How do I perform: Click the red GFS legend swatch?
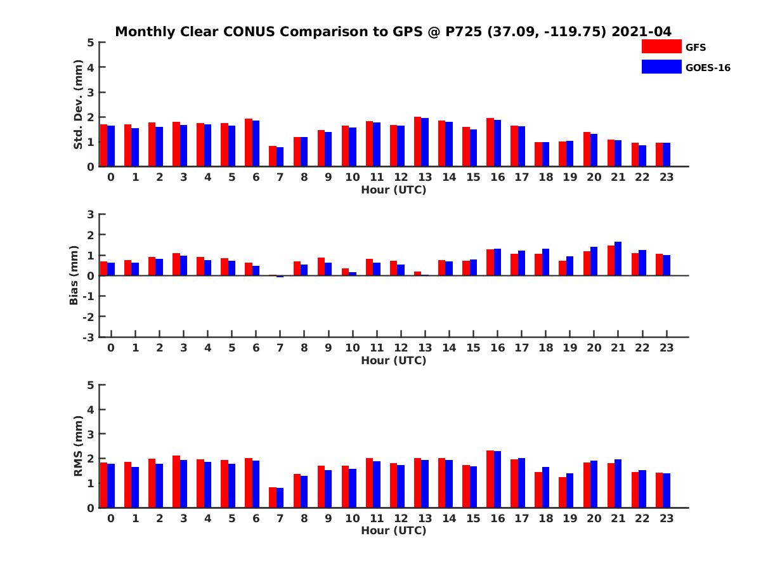coord(661,46)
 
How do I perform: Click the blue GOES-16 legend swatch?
coord(661,67)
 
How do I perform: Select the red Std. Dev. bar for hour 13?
coord(417,141)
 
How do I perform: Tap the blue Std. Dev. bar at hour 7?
coord(280,157)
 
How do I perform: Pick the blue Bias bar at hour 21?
coord(618,258)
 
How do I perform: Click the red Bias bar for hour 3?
coord(176,264)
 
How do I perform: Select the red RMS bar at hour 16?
coord(490,479)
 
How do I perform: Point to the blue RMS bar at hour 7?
coord(280,497)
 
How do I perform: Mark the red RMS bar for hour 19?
coord(563,492)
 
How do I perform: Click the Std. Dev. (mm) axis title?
coord(78,105)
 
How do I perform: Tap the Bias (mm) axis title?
coord(74,275)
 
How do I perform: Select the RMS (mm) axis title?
coord(78,446)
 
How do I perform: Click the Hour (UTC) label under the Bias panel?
coord(393,360)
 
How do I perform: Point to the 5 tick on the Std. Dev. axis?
coord(91,43)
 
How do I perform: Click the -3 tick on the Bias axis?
coord(88,337)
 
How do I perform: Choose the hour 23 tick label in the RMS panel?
coord(666,518)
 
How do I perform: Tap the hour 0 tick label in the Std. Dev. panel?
coord(111,177)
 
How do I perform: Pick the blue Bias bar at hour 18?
coord(545,262)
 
